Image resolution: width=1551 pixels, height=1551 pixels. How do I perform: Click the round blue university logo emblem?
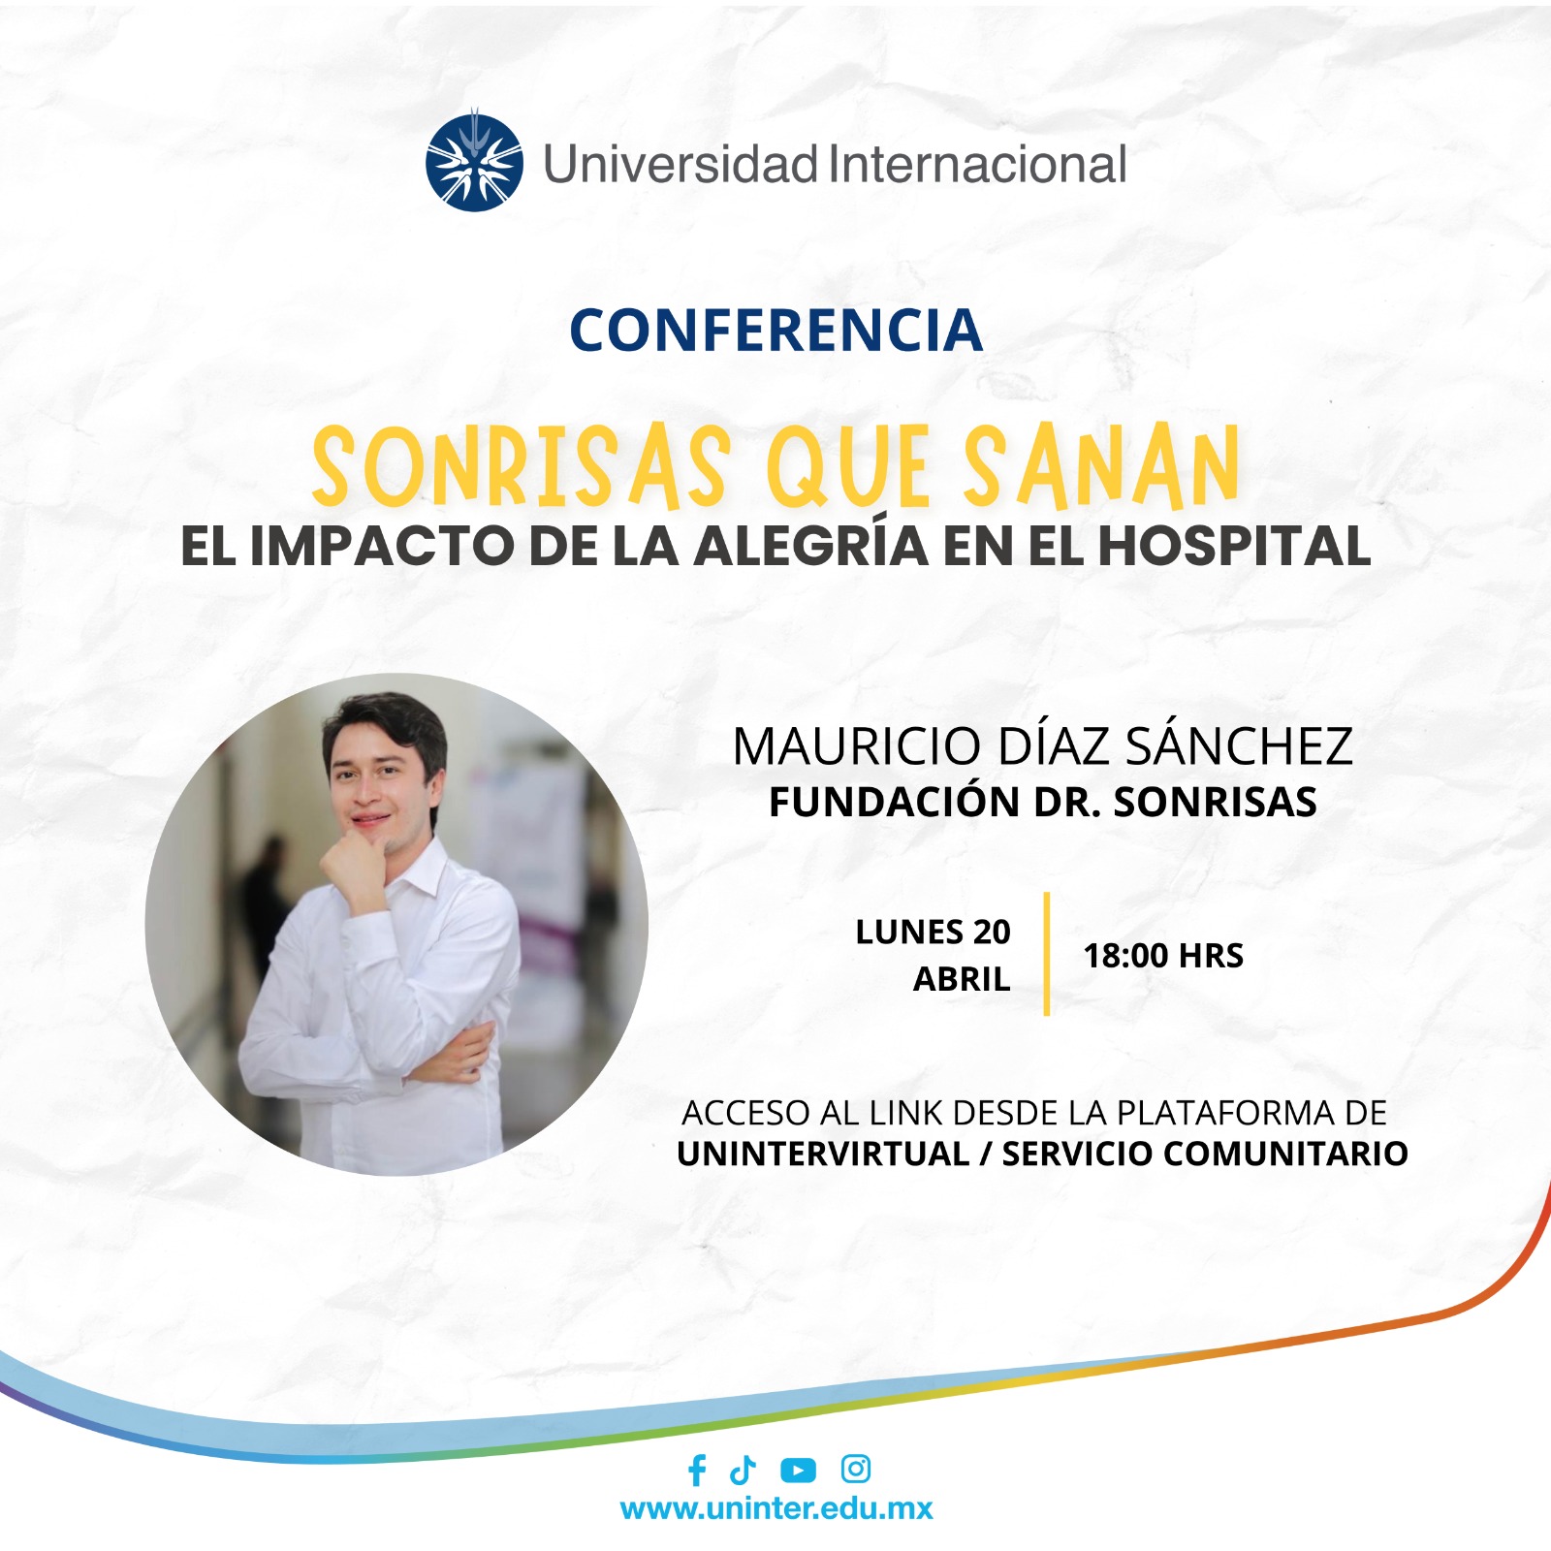click(474, 162)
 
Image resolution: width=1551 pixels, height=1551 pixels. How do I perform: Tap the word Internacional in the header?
click(978, 164)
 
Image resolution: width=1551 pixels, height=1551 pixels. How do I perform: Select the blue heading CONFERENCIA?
click(775, 331)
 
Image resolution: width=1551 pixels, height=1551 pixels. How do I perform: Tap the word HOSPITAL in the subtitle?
click(1234, 546)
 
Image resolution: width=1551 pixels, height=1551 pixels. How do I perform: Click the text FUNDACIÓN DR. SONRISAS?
click(1042, 803)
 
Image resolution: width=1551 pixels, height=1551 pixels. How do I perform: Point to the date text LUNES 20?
click(933, 932)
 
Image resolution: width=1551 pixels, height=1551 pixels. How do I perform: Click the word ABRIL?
click(962, 979)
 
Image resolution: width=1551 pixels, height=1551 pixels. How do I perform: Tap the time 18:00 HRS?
click(1163, 956)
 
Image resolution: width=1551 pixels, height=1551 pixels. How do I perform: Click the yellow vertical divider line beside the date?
click(1047, 954)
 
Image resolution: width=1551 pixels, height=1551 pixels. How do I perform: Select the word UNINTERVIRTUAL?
click(823, 1154)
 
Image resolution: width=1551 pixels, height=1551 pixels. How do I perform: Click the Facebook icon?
click(697, 1471)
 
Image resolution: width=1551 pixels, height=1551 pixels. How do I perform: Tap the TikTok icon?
click(744, 1471)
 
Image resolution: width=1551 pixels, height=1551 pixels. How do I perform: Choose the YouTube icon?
click(798, 1471)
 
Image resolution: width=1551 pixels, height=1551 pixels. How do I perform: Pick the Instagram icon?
click(855, 1470)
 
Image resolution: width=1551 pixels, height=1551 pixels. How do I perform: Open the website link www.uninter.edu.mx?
click(775, 1509)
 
